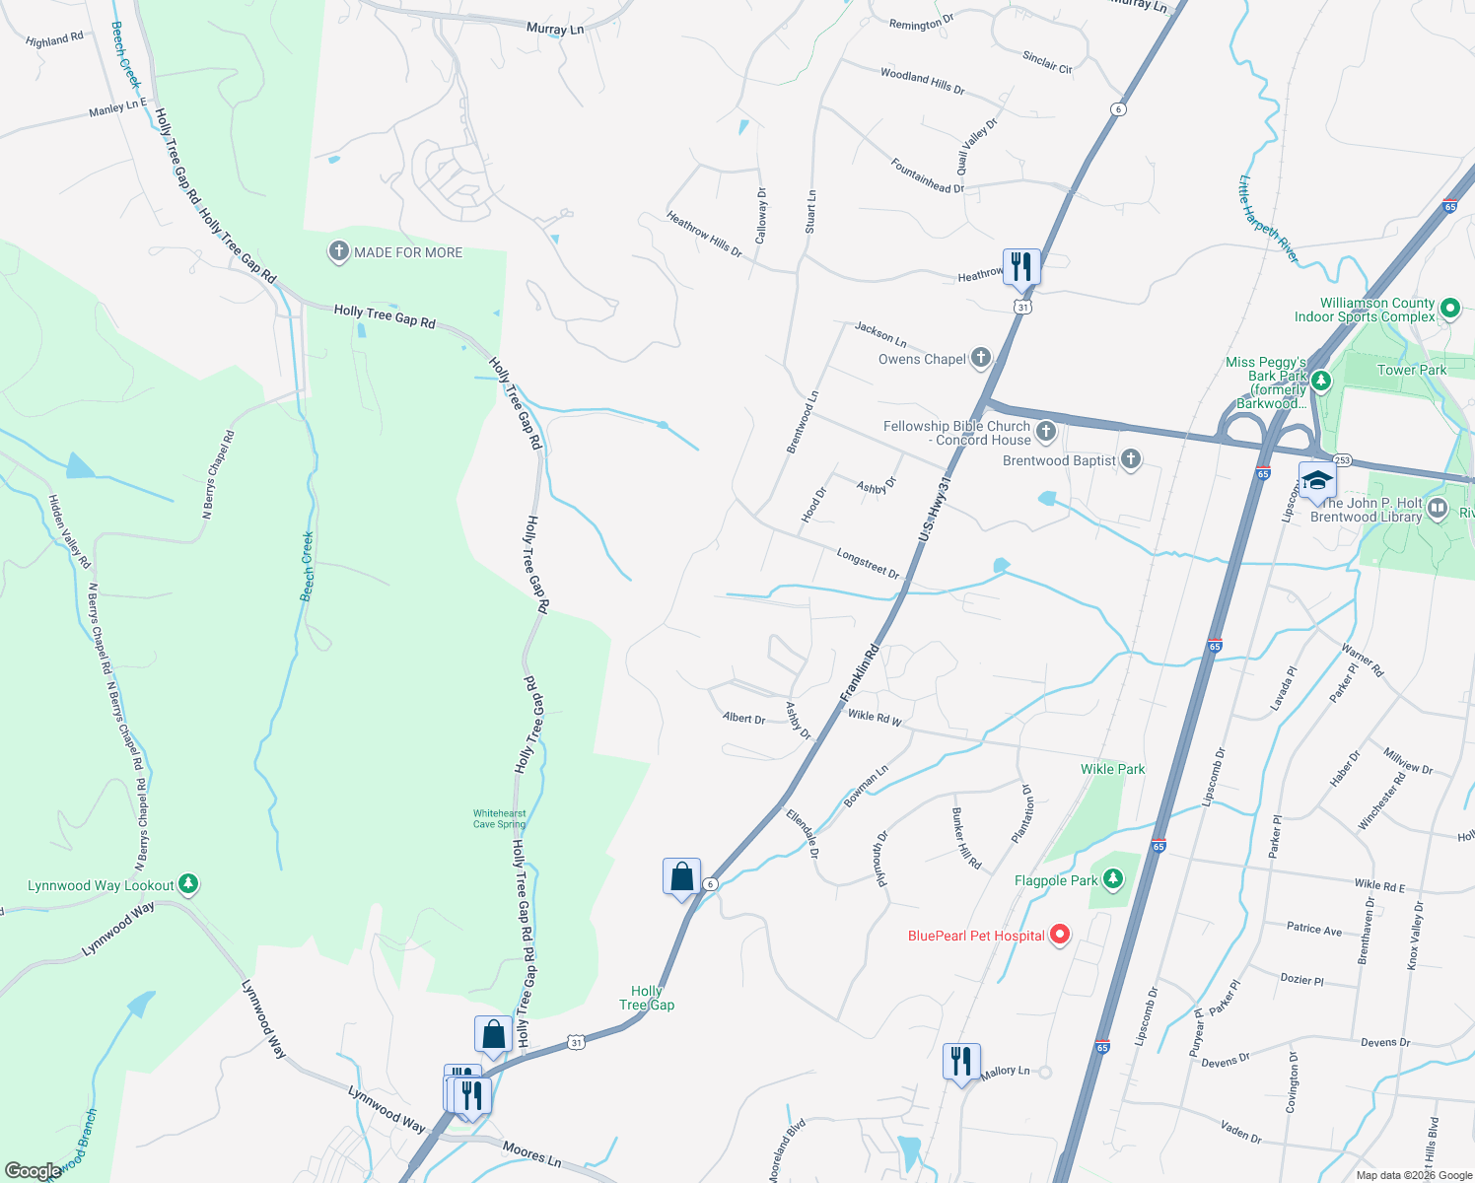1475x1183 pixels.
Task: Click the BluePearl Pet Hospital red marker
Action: pos(1060,934)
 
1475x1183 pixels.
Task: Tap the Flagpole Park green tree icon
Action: pos(1113,877)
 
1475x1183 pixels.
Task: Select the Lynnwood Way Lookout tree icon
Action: pos(188,883)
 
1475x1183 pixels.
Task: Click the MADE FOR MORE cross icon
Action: pos(338,251)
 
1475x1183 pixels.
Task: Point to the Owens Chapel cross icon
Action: pos(980,357)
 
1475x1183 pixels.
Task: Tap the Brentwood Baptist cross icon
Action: pos(1131,458)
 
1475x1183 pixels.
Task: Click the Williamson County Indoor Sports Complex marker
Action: pos(1449,309)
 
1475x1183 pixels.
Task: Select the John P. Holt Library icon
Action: pos(1437,509)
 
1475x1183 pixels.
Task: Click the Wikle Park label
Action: pos(1112,769)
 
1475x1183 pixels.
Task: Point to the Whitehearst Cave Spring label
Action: pos(499,818)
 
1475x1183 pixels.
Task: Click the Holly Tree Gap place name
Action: pos(647,998)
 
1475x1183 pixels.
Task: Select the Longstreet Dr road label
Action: pos(868,564)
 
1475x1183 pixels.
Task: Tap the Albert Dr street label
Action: pos(743,719)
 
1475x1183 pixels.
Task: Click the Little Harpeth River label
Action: pos(1268,220)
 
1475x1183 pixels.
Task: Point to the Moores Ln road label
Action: pos(531,1152)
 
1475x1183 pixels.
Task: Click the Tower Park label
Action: pos(1411,370)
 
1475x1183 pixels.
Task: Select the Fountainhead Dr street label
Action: pos(927,175)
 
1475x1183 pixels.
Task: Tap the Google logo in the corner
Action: pos(34,1170)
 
